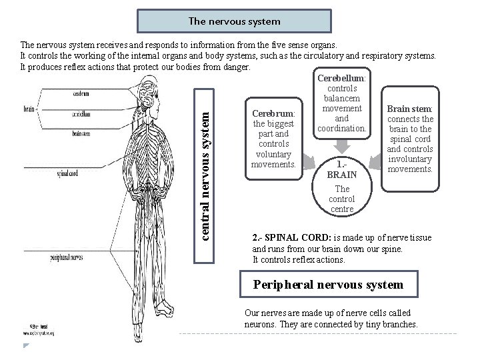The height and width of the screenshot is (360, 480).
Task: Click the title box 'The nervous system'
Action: [235, 21]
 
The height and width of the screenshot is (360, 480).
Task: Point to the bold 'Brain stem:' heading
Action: [410, 109]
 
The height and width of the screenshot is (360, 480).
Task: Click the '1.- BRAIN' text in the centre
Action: [341, 169]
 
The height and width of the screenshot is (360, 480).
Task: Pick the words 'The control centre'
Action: [341, 199]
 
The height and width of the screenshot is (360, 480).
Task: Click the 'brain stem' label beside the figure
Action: [85, 133]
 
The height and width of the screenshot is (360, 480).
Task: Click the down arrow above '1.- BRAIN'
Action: [342, 145]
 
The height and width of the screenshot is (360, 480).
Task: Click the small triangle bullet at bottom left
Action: [26, 346]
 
